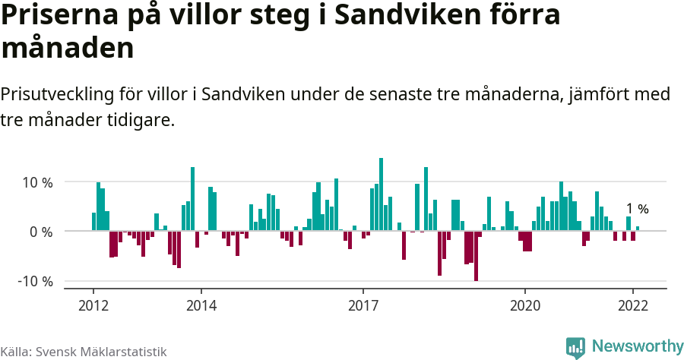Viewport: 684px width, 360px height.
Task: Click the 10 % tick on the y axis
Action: (x=37, y=182)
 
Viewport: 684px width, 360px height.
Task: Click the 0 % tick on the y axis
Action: (x=41, y=232)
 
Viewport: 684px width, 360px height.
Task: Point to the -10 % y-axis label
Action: (x=36, y=281)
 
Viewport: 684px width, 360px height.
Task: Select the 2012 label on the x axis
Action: (x=93, y=305)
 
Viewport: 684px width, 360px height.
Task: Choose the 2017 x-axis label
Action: (x=363, y=305)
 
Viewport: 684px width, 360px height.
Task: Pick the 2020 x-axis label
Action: (x=524, y=305)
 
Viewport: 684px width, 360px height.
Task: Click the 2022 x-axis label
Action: (x=632, y=305)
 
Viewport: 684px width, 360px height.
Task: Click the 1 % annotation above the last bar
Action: (x=637, y=209)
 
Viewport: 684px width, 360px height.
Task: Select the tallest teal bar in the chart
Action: (x=381, y=194)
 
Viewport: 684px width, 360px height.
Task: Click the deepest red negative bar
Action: (x=476, y=256)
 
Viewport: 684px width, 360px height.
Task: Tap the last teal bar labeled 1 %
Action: (x=638, y=229)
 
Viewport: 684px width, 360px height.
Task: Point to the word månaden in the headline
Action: (x=68, y=48)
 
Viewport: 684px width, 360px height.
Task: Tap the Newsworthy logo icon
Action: (x=575, y=347)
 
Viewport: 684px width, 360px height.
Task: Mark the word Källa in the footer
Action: (x=15, y=352)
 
